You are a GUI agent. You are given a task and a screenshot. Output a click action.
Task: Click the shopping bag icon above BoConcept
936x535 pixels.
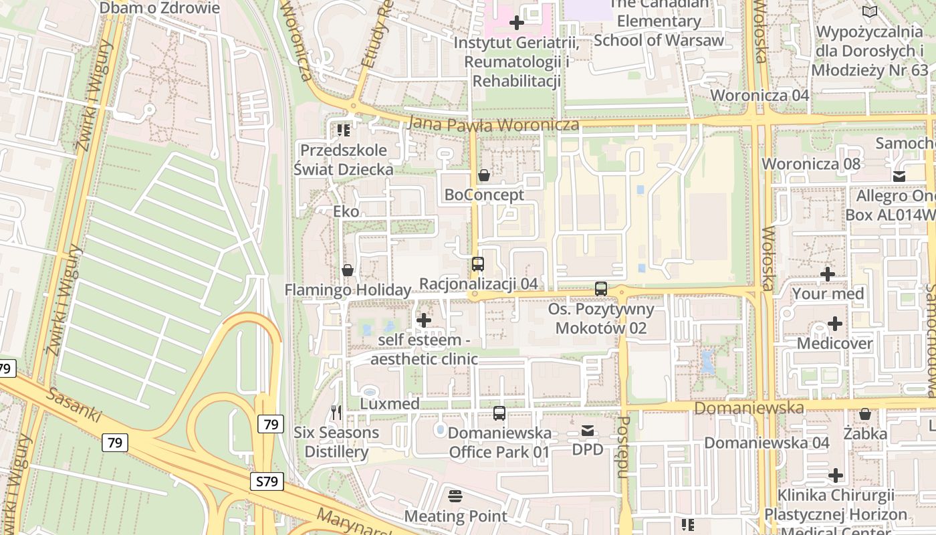pos(484,176)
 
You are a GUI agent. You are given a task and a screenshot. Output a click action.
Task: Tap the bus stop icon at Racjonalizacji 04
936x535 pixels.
pos(477,264)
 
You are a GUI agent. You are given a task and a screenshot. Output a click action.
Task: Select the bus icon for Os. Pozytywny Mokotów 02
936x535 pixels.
pos(601,289)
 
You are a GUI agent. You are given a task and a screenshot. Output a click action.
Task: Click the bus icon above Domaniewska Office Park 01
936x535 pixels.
pos(499,413)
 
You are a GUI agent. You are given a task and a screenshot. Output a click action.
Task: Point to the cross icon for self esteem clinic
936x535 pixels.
pos(424,321)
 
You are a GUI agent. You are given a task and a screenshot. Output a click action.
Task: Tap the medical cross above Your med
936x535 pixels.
pos(828,274)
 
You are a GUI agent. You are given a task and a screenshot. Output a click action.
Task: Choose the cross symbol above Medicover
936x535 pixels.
pos(835,324)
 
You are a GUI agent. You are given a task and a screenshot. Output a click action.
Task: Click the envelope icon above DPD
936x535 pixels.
pos(587,431)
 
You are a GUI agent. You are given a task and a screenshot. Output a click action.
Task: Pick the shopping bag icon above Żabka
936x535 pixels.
pos(865,415)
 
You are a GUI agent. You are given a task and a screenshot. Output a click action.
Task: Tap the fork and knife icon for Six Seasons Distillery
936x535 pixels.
pos(336,413)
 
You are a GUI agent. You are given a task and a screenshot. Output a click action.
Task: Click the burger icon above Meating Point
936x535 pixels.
pos(456,496)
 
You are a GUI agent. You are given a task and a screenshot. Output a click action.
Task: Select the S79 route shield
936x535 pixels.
pos(267,481)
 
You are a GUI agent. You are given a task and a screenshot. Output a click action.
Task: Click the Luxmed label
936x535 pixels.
pos(390,404)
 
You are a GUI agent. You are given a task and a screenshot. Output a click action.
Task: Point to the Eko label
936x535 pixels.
pos(346,212)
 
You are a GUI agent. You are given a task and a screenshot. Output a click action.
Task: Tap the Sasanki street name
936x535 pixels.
pos(74,404)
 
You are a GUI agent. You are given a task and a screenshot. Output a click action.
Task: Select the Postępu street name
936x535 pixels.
pos(623,447)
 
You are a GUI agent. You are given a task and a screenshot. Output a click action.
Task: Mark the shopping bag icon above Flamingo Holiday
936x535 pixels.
pos(348,271)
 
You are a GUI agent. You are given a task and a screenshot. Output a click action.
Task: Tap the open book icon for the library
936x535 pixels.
pos(870,11)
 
